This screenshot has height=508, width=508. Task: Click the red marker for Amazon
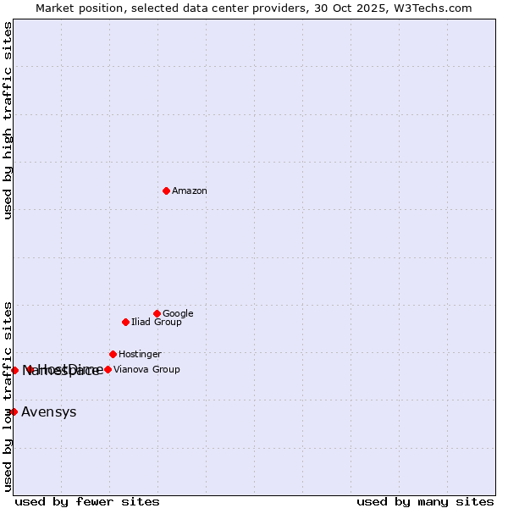pyautogui.click(x=166, y=190)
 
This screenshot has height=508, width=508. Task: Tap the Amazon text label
pyautogui.click(x=190, y=191)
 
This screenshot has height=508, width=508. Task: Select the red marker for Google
pyautogui.click(x=157, y=313)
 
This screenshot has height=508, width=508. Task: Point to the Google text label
pyautogui.click(x=178, y=314)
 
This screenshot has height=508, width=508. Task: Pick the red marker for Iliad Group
pyautogui.click(x=125, y=322)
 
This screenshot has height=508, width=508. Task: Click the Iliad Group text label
pyautogui.click(x=157, y=323)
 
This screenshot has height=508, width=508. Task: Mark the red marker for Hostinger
pyautogui.click(x=113, y=354)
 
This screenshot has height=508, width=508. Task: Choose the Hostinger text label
pyautogui.click(x=140, y=355)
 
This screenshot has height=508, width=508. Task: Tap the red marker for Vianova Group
pyautogui.click(x=108, y=369)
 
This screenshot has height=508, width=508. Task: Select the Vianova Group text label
pyautogui.click(x=146, y=370)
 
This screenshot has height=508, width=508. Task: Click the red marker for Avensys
pyautogui.click(x=14, y=411)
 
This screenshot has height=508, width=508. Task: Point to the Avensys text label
pyautogui.click(x=49, y=412)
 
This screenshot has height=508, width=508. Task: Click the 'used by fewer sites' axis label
pyautogui.click(x=87, y=501)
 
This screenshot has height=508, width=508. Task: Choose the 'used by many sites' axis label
pyautogui.click(x=425, y=501)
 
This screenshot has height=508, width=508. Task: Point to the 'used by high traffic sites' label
pyautogui.click(x=8, y=120)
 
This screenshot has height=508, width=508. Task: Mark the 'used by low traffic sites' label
pyautogui.click(x=8, y=395)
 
